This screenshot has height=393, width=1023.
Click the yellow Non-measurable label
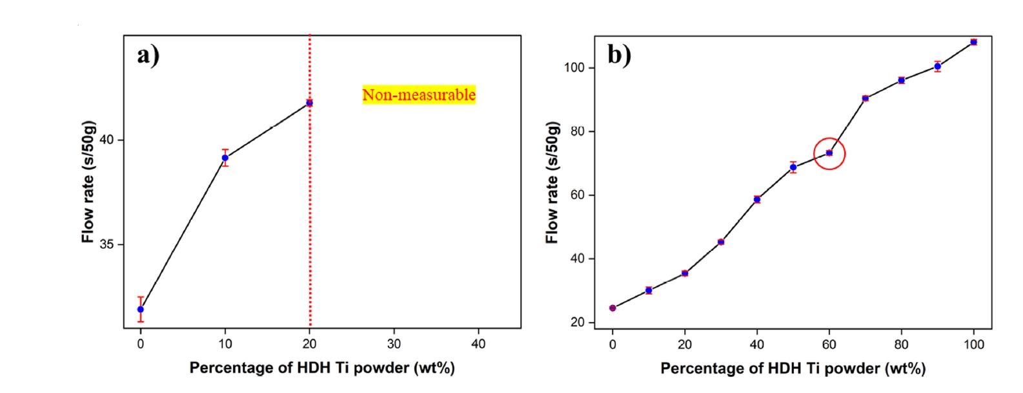(x=419, y=95)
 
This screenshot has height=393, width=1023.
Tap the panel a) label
(x=148, y=55)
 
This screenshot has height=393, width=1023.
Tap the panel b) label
(x=619, y=55)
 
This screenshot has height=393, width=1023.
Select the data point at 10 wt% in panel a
(x=225, y=158)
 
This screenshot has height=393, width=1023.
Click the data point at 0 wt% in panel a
(x=141, y=309)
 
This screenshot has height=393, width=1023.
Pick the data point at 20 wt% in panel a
(x=310, y=103)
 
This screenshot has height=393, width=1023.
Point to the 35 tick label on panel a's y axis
(x=106, y=244)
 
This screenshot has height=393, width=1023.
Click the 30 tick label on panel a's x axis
(x=394, y=344)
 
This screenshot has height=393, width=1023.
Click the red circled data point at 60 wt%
(x=829, y=153)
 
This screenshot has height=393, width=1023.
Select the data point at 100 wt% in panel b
(x=973, y=42)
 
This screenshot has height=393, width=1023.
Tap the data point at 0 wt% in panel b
(x=613, y=308)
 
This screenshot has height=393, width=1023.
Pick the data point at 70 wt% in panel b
(x=866, y=98)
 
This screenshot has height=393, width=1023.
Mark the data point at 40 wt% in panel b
(x=757, y=199)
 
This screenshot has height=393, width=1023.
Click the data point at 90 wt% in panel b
(x=937, y=67)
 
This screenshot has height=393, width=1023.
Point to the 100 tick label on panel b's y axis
(x=574, y=68)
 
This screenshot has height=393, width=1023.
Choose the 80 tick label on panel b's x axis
(x=901, y=345)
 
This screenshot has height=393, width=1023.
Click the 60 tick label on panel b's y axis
(x=577, y=195)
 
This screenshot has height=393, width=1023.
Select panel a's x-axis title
(x=321, y=368)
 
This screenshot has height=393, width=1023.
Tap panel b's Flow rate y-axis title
(x=552, y=182)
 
